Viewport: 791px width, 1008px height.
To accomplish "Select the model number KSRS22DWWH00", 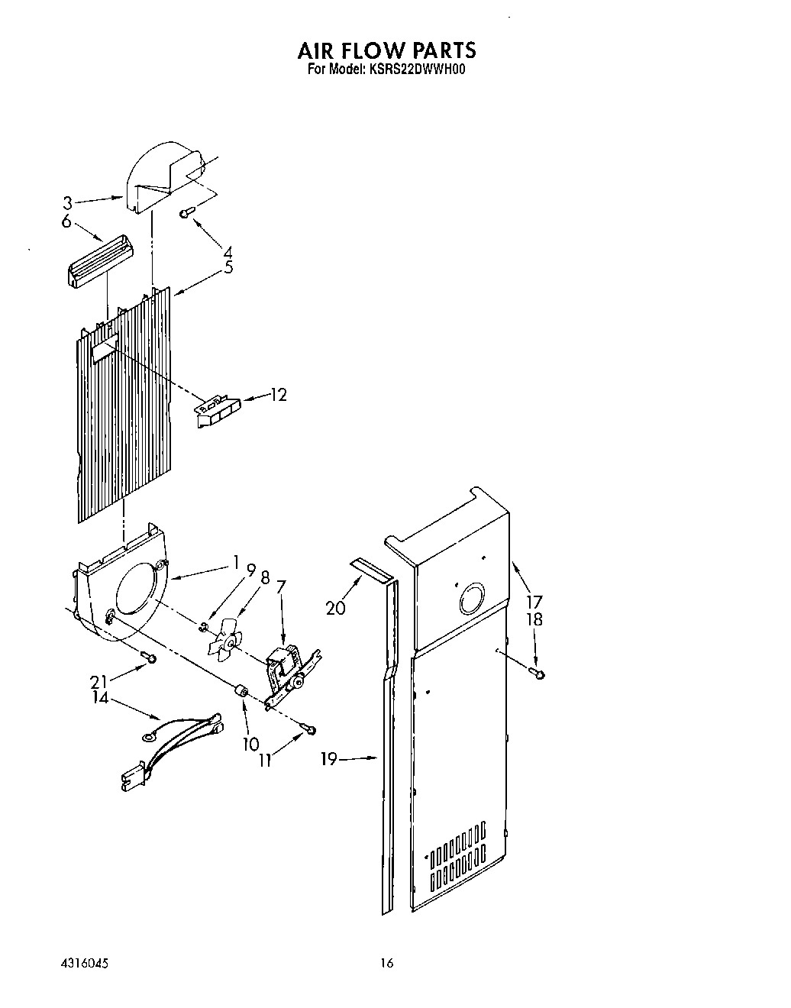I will (421, 69).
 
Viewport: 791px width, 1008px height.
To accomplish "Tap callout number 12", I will (279, 395).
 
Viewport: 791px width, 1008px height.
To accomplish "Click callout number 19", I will (329, 758).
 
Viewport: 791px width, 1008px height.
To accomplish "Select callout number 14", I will (100, 697).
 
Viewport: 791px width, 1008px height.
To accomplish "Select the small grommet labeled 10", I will (241, 691).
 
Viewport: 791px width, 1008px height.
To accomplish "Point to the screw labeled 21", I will (151, 658).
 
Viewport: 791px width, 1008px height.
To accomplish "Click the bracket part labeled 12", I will (218, 412).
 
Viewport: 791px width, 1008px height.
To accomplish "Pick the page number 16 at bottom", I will (387, 964).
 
